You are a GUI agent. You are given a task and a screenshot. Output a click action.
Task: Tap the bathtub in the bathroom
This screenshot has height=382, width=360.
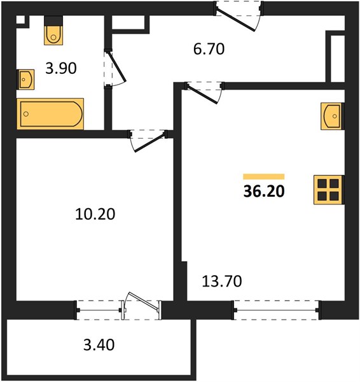click(x=50, y=114)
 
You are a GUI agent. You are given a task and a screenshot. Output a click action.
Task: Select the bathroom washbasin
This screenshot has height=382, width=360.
click(x=25, y=80)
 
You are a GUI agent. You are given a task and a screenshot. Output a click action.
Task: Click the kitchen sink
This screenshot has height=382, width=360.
click(x=333, y=117)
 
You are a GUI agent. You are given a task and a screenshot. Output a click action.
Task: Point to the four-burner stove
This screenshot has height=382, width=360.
click(x=329, y=190)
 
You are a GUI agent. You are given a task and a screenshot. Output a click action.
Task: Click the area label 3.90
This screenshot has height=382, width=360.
click(x=61, y=68)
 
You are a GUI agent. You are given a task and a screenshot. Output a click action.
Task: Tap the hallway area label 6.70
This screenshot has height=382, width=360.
click(x=209, y=49)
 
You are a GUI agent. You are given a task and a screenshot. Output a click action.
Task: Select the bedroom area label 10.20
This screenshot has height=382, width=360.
click(x=95, y=215)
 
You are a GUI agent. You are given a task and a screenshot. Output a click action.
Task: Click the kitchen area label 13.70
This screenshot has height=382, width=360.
click(x=222, y=281)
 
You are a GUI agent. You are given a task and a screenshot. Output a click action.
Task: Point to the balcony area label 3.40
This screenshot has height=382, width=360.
click(x=99, y=345)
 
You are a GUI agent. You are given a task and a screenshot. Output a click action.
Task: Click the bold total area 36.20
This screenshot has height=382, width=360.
click(x=264, y=191)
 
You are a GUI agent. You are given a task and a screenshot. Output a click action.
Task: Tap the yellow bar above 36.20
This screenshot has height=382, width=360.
click(x=264, y=176)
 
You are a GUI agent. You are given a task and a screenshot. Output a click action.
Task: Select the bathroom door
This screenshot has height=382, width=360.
click(x=114, y=67)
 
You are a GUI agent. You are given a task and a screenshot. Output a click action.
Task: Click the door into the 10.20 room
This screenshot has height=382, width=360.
click(x=148, y=141)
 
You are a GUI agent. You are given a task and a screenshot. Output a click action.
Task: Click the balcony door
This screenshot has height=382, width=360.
click(x=142, y=306)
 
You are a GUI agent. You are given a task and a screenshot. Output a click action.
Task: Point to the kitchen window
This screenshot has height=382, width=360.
click(x=277, y=310)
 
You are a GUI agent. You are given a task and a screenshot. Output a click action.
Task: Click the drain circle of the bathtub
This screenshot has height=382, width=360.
click(x=26, y=114)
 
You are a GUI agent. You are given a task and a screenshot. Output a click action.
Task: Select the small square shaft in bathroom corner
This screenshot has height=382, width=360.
click(x=21, y=20)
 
